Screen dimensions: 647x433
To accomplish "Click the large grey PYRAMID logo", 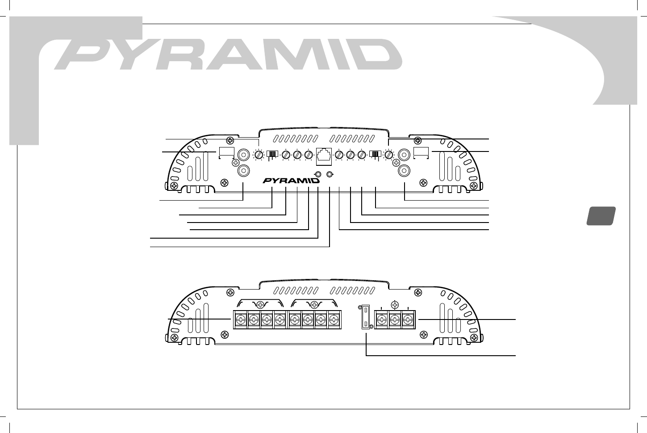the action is tap(228, 55).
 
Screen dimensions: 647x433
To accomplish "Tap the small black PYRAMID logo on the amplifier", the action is tap(291, 181).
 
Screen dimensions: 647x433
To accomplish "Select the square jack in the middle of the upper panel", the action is tap(323, 155).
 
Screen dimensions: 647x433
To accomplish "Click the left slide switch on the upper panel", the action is tap(272, 155).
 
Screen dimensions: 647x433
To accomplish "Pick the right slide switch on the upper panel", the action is tap(375, 155).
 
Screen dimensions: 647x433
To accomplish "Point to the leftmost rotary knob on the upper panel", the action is tap(259, 155).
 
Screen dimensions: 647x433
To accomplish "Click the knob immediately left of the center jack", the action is tap(308, 155).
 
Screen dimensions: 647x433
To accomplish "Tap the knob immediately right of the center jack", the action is tap(339, 155).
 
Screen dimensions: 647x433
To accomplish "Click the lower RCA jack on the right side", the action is tap(404, 170).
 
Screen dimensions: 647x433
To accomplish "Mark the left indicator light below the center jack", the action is tap(318, 174).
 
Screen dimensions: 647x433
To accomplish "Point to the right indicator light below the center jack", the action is tap(330, 174).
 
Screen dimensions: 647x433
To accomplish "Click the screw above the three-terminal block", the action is tap(395, 305).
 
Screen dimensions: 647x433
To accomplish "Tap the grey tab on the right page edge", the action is tap(601, 215).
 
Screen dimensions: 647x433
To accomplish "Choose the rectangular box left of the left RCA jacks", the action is tap(227, 152).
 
